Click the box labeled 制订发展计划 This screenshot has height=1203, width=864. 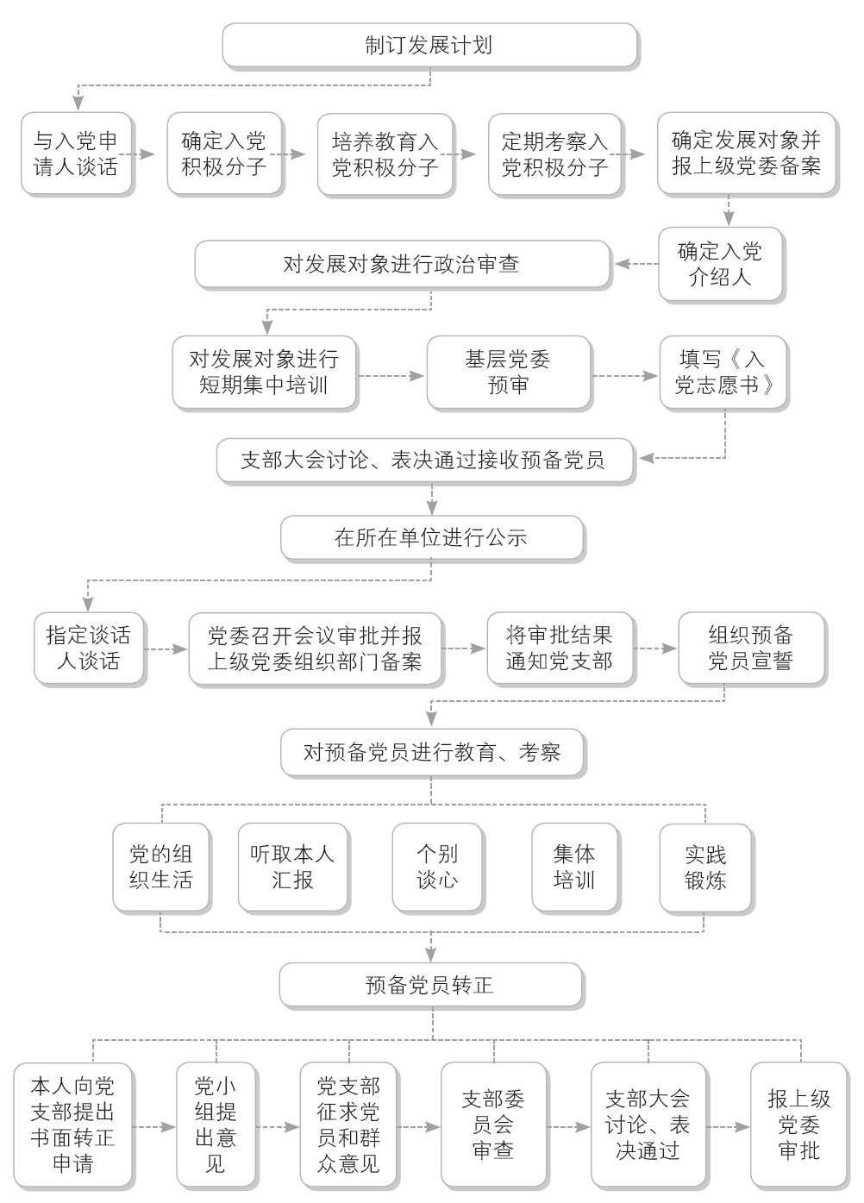tap(429, 45)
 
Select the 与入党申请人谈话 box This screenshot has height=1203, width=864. tap(76, 154)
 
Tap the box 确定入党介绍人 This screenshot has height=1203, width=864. tap(720, 264)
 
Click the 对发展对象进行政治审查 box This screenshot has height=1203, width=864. tap(402, 264)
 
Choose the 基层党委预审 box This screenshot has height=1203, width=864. tap(509, 373)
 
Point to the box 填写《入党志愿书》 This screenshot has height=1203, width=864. tap(723, 373)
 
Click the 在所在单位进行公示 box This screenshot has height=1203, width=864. tap(432, 537)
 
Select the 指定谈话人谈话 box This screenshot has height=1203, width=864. tap(89, 648)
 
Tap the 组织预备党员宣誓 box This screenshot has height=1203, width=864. tap(751, 648)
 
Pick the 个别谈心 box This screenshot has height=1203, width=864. tap(438, 867)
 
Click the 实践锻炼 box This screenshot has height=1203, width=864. tap(705, 868)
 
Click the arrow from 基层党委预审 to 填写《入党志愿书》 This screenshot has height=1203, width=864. tap(624, 375)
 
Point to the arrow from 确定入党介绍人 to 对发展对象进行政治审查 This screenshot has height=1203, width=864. tap(637, 264)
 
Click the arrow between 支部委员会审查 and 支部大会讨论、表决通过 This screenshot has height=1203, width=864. tap(568, 1127)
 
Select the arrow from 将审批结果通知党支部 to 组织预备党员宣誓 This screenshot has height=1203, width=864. tap(655, 648)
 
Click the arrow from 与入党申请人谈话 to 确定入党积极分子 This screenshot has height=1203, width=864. tap(137, 154)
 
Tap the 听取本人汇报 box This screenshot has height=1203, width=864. tap(292, 867)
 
